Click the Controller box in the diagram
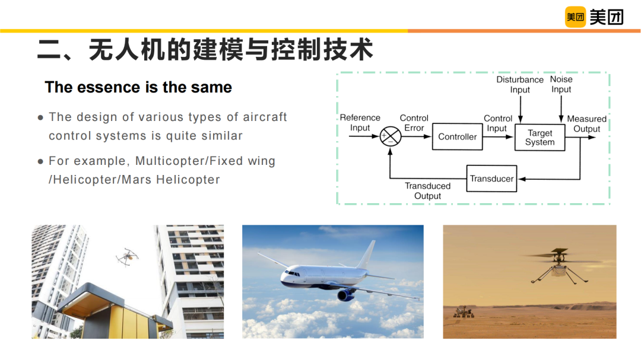[457, 136]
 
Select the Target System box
[540, 138]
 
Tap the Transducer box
[491, 179]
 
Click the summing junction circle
[391, 136]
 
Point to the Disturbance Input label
[520, 85]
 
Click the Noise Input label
[561, 84]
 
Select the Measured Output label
[586, 124]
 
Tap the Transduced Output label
[427, 191]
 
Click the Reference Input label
[360, 123]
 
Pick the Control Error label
[414, 123]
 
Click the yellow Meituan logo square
[575, 17]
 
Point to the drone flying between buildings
[127, 257]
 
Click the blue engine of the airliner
[346, 294]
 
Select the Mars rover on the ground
[464, 312]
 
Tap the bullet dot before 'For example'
[40, 161]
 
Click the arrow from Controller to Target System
[498, 137]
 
